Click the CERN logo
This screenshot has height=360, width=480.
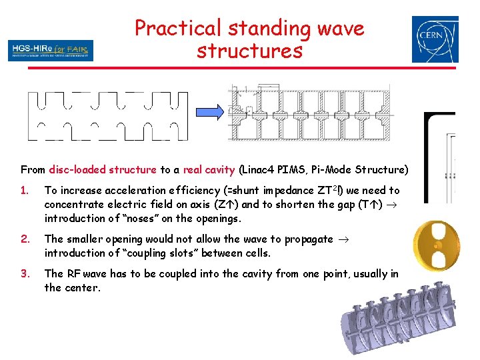click(435, 39)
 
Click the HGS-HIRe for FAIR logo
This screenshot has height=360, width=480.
click(51, 51)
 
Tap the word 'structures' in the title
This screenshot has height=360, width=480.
click(249, 51)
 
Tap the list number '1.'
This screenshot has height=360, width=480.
click(25, 191)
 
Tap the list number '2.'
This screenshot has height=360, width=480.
click(25, 239)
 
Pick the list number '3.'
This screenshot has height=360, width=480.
click(25, 274)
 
